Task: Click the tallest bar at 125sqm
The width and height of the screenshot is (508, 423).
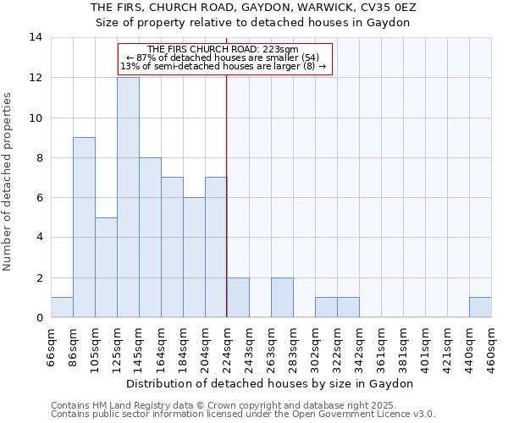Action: (128, 197)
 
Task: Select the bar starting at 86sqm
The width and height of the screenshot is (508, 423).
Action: (84, 228)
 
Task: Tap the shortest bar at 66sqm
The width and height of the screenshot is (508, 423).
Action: (62, 307)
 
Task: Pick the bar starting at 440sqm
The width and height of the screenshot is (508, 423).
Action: (480, 307)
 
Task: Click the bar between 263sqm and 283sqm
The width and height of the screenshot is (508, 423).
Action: (282, 298)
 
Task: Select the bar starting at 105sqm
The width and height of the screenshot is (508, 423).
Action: (106, 267)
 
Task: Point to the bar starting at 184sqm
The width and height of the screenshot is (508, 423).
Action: (194, 257)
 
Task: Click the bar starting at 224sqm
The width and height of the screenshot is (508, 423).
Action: (238, 298)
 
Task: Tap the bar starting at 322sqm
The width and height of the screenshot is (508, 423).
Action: (348, 307)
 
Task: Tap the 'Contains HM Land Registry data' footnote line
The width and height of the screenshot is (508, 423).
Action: (242, 405)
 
